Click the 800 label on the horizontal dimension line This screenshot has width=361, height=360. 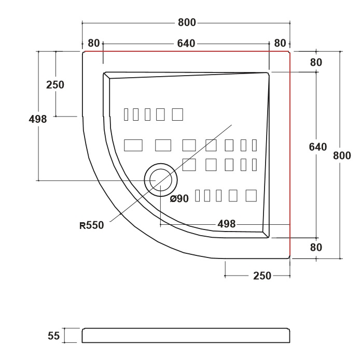[x=187, y=22]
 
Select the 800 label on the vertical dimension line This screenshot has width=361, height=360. [x=342, y=155]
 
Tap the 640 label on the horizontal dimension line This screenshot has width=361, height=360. [x=186, y=44]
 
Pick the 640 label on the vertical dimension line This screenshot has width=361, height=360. [x=318, y=147]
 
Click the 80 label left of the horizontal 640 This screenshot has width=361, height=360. [x=94, y=43]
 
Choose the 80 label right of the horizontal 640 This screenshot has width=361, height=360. [x=280, y=43]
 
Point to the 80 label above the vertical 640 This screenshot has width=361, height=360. [x=316, y=62]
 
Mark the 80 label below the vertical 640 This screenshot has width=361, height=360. [x=316, y=248]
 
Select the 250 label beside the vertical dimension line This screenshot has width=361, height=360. [x=55, y=85]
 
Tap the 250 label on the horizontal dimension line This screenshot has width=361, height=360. [x=262, y=276]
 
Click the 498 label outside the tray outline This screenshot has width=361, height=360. [x=38, y=119]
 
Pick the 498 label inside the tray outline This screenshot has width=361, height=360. [x=227, y=224]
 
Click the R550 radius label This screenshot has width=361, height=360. [x=92, y=225]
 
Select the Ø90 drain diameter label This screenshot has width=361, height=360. [x=179, y=198]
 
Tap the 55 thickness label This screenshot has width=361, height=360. [x=53, y=336]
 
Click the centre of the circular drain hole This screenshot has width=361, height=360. [x=161, y=180]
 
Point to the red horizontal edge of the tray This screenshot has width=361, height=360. [x=187, y=51]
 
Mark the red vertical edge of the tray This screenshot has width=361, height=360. [x=289, y=154]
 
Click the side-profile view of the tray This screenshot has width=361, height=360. [x=186, y=336]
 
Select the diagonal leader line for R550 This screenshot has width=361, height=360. [x=171, y=174]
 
